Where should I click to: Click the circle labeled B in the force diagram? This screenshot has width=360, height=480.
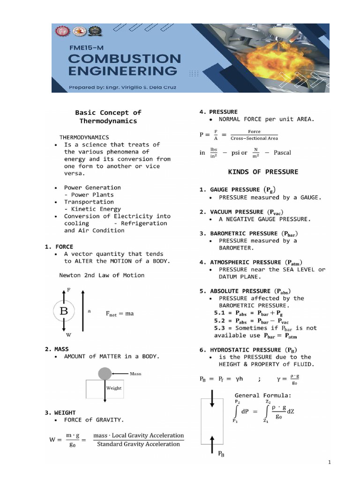[x=64, y=310]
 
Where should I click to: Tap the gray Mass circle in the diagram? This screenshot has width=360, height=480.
[x=105, y=374]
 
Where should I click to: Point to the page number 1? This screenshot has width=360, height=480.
[x=330, y=463]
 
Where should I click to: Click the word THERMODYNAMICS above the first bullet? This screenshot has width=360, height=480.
[x=84, y=137]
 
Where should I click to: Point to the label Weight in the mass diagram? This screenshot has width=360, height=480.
[x=113, y=388]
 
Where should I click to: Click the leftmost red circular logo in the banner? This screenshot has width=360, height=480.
[x=62, y=31]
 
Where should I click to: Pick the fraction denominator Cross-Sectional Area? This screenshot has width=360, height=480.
[x=255, y=138]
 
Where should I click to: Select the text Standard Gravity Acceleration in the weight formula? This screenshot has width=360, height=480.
[x=138, y=444]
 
